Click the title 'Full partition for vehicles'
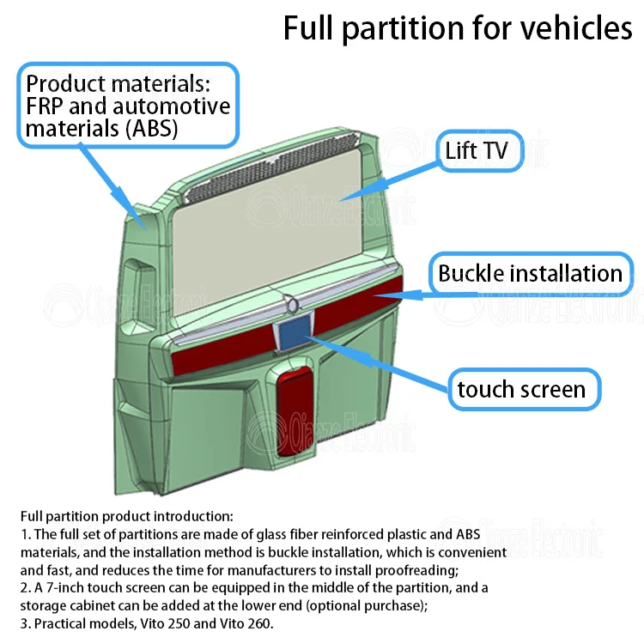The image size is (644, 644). (x=458, y=28)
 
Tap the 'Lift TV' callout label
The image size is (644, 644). (x=477, y=151)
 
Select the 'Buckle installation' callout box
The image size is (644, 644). (x=530, y=274)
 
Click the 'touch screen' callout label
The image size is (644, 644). (x=521, y=389)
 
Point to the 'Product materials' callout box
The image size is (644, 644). (x=129, y=107)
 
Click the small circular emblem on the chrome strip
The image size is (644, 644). (x=294, y=305)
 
